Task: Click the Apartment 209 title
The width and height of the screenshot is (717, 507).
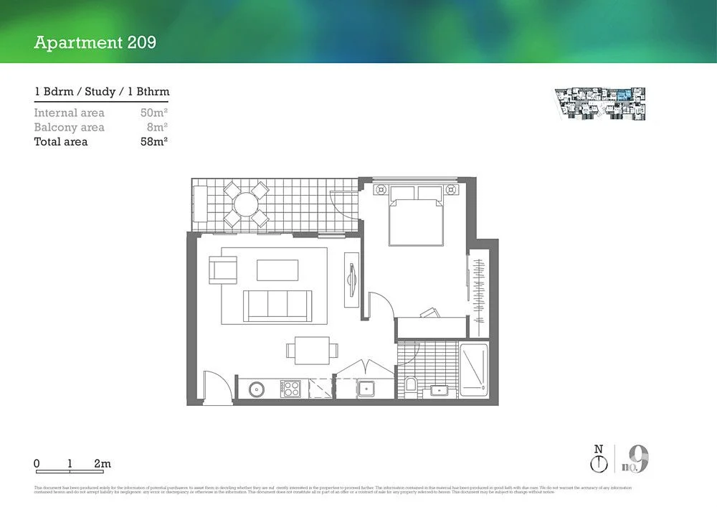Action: (x=95, y=42)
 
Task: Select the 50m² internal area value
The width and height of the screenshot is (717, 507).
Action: (x=154, y=113)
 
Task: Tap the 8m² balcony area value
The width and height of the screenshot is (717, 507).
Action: (x=157, y=127)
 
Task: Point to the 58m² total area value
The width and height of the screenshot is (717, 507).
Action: (x=154, y=142)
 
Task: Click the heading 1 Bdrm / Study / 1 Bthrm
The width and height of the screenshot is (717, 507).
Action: (x=101, y=92)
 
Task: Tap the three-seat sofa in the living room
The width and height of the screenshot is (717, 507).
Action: (x=277, y=305)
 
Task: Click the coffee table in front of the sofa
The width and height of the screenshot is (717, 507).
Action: (x=277, y=270)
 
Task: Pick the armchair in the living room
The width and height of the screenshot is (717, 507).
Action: (x=222, y=270)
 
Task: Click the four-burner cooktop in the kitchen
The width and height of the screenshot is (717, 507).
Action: (x=290, y=389)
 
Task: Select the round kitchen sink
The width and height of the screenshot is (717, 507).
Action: (x=257, y=389)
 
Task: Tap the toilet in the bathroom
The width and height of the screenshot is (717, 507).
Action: (x=410, y=385)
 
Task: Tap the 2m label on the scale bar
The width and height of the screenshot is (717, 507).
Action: (x=103, y=464)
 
